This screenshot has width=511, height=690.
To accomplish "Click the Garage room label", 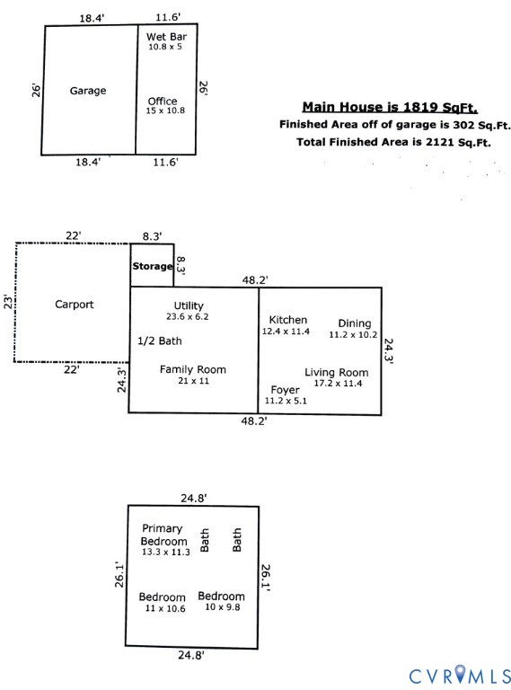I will (x=88, y=91).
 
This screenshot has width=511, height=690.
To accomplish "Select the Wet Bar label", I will (x=166, y=36).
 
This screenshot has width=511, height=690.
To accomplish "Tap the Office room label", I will (x=163, y=102).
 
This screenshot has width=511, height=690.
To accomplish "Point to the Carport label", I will (x=74, y=305).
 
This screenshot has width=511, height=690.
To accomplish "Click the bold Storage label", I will (x=152, y=267).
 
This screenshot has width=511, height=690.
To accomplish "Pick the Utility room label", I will (x=189, y=306).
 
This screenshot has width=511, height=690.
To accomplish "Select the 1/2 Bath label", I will (x=159, y=341).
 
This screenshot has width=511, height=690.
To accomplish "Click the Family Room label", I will (x=192, y=369).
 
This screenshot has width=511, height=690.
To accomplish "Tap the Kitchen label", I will (x=288, y=320).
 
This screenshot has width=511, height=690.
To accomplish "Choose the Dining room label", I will (x=354, y=323).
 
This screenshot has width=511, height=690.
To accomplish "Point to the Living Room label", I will (x=336, y=373).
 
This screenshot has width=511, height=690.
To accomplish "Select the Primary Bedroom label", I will (x=164, y=535).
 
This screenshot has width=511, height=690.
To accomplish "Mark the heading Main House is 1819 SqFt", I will (x=389, y=105).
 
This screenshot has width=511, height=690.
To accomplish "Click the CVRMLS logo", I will (x=459, y=673).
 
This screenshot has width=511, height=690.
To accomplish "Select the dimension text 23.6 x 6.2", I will (x=189, y=317).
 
